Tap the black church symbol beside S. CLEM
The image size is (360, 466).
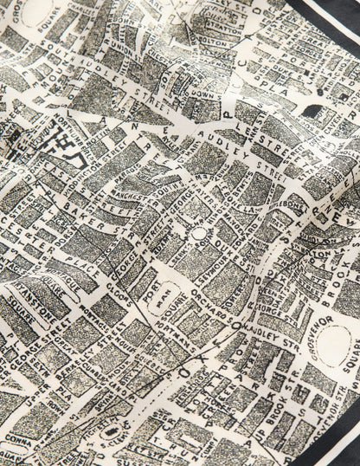point(109,430)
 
